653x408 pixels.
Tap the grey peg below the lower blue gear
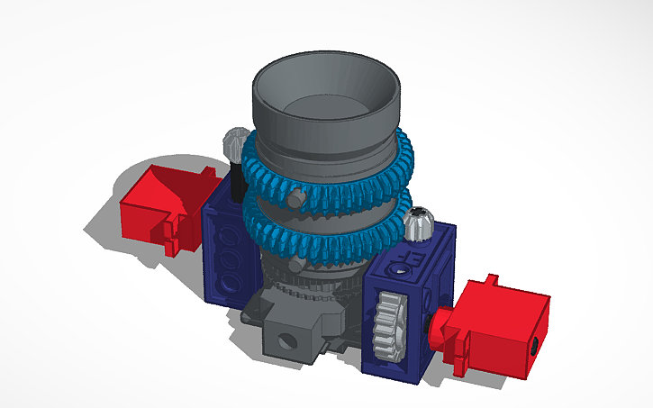click(x=296, y=267)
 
